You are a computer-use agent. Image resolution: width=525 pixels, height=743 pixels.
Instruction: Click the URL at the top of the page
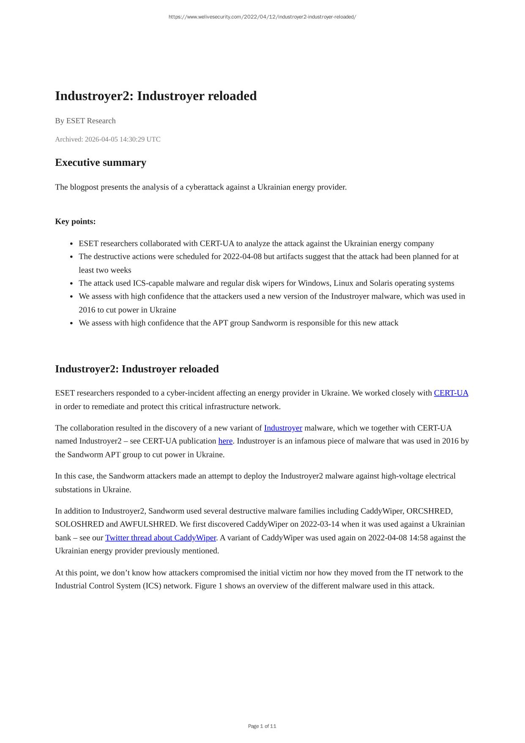[262, 17]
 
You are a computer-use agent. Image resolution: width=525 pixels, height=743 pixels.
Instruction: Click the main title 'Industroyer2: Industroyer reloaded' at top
[156, 96]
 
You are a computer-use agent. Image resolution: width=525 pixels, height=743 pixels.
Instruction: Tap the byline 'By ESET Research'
[85, 121]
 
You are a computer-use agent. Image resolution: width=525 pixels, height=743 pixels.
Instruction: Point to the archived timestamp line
[108, 140]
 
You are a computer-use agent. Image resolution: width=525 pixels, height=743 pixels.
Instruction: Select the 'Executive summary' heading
[101, 163]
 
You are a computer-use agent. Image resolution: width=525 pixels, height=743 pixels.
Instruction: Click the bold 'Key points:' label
[75, 222]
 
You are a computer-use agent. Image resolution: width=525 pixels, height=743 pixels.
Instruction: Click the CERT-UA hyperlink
[451, 393]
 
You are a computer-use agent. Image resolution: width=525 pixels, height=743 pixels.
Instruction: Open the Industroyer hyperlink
[283, 428]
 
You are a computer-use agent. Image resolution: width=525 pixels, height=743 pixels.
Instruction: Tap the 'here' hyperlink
[225, 441]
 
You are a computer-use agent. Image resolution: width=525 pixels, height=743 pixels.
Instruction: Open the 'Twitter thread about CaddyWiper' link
[161, 538]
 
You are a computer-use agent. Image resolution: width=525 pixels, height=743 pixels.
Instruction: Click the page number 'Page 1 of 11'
[262, 726]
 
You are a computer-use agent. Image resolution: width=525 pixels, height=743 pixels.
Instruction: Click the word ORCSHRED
[429, 511]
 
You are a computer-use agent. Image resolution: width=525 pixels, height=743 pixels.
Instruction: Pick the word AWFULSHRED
[148, 524]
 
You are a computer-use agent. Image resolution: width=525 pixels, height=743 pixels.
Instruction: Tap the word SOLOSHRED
[79, 524]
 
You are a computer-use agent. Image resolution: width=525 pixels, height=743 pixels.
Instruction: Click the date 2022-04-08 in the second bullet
[242, 257]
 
